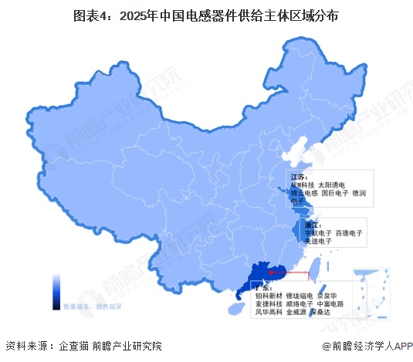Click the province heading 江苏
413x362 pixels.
[x=298, y=177]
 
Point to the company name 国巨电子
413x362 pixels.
[x=335, y=194]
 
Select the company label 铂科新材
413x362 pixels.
[x=263, y=296]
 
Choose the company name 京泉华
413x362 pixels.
[x=330, y=296]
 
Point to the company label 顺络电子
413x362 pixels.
[x=296, y=304]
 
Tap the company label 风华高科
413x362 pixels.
[x=263, y=313]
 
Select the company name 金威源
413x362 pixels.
[x=296, y=313]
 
